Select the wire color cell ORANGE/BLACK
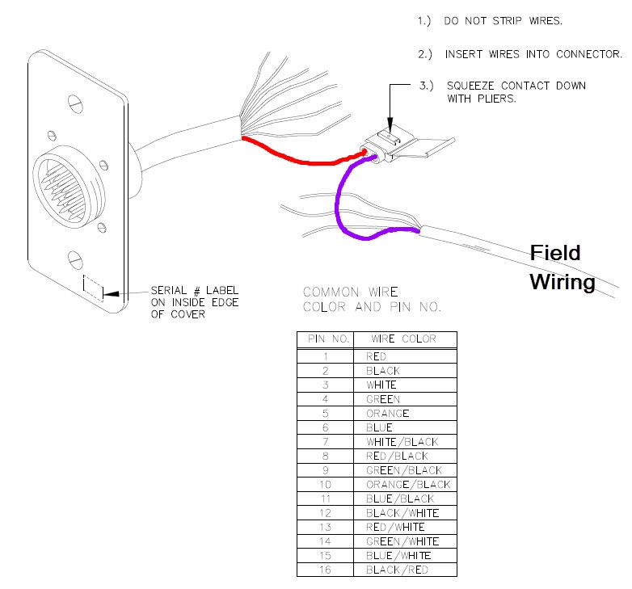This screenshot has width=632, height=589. click(408, 484)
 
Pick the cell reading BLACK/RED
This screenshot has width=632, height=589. click(397, 570)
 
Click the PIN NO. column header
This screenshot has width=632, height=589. click(324, 339)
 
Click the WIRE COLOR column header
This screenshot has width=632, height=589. click(403, 339)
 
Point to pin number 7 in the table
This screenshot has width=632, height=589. click(324, 442)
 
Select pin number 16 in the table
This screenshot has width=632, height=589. click(324, 570)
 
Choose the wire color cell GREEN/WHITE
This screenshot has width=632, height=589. click(402, 541)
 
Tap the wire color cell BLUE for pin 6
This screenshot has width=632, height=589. click(379, 427)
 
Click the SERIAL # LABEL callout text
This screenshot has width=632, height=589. click(195, 291)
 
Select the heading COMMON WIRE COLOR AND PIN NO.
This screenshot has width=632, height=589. click(372, 299)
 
